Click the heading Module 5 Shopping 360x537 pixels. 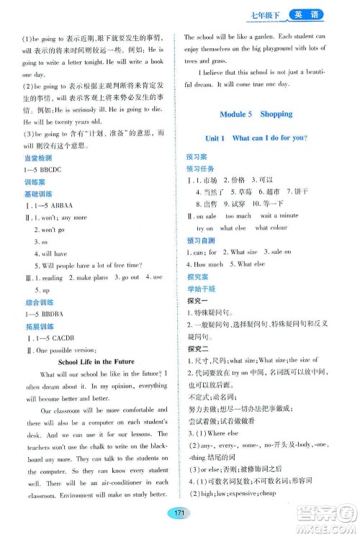click(x=256, y=114)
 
